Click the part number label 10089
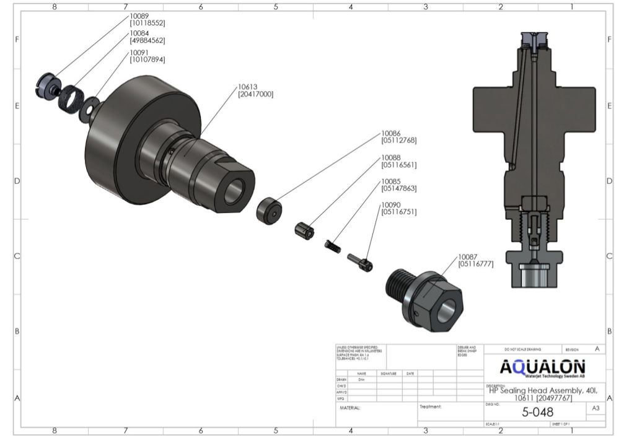[139, 15]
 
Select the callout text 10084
[139, 33]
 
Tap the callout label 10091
[139, 53]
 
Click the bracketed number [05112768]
[398, 141]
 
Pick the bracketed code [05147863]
[398, 188]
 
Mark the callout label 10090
[390, 205]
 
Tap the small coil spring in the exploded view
[333, 246]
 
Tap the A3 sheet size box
[595, 409]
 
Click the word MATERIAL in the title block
[350, 408]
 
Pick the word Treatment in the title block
[429, 407]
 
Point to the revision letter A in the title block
[597, 349]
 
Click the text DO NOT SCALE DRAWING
[522, 350]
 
